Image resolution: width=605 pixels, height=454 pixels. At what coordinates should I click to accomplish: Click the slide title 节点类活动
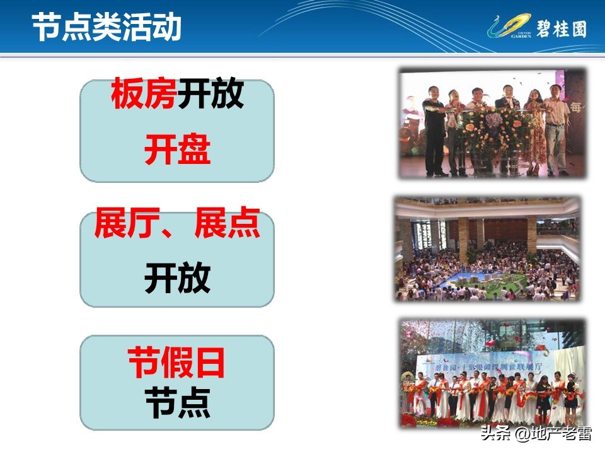[107, 27]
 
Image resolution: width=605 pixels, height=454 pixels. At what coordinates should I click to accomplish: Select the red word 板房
[144, 95]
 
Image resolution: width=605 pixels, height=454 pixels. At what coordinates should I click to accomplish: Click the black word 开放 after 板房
[210, 95]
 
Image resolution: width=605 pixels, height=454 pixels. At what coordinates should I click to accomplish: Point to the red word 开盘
[177, 151]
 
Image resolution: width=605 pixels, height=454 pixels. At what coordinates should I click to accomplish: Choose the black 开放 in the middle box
[177, 279]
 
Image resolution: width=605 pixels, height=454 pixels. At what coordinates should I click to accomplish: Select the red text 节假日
[176, 363]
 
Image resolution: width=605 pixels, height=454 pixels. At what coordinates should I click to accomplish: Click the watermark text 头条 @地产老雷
[535, 434]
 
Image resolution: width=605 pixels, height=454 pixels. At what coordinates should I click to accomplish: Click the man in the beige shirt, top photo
[556, 129]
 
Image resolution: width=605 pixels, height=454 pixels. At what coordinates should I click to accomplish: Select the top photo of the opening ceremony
[492, 122]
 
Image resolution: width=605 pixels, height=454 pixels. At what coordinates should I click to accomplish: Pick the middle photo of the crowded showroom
[487, 248]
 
